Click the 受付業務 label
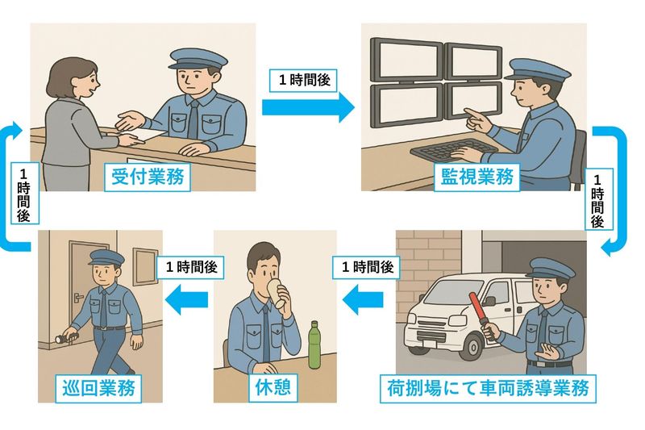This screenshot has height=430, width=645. point(148,177)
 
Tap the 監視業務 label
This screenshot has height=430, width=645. point(476,177)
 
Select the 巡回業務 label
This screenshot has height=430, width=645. point(98,388)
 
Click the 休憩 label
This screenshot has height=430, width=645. point(273,387)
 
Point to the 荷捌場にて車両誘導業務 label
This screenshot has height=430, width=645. point(488,388)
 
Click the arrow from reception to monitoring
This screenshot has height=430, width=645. point(308,107)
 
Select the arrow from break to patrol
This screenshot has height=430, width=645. point(186,298)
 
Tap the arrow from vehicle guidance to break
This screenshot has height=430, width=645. point(364,298)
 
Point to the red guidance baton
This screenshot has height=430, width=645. point(481,315)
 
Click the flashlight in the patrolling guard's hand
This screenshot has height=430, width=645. point(66,338)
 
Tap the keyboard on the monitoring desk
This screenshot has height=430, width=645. point(451,150)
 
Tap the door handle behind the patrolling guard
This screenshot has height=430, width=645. point(78,297)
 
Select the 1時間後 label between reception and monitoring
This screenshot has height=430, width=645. point(304,80)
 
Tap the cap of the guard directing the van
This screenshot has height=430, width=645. point(550,269)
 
